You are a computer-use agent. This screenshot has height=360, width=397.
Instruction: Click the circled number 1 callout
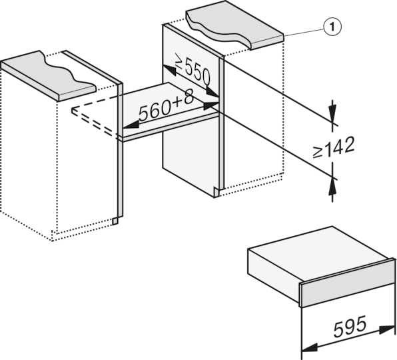point(332,27)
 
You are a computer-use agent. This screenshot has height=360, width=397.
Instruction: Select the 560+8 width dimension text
point(167,105)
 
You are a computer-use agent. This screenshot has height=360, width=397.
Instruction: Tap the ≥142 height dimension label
point(333,147)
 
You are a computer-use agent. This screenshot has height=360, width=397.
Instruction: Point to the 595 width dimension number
point(350,327)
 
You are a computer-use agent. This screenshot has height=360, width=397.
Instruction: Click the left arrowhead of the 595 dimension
point(310,348)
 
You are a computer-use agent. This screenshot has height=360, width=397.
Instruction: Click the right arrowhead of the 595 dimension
point(386,329)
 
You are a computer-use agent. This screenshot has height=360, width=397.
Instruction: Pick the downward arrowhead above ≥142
point(332,112)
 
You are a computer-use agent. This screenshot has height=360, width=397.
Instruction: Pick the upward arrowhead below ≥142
point(332,187)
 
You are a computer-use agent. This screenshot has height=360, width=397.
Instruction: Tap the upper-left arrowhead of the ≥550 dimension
point(169,70)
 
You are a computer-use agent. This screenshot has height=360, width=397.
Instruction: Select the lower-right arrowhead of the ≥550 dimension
point(212,92)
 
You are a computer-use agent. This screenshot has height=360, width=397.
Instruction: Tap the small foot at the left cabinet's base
point(115,221)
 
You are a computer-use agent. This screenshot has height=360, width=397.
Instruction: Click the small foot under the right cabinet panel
point(216,192)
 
